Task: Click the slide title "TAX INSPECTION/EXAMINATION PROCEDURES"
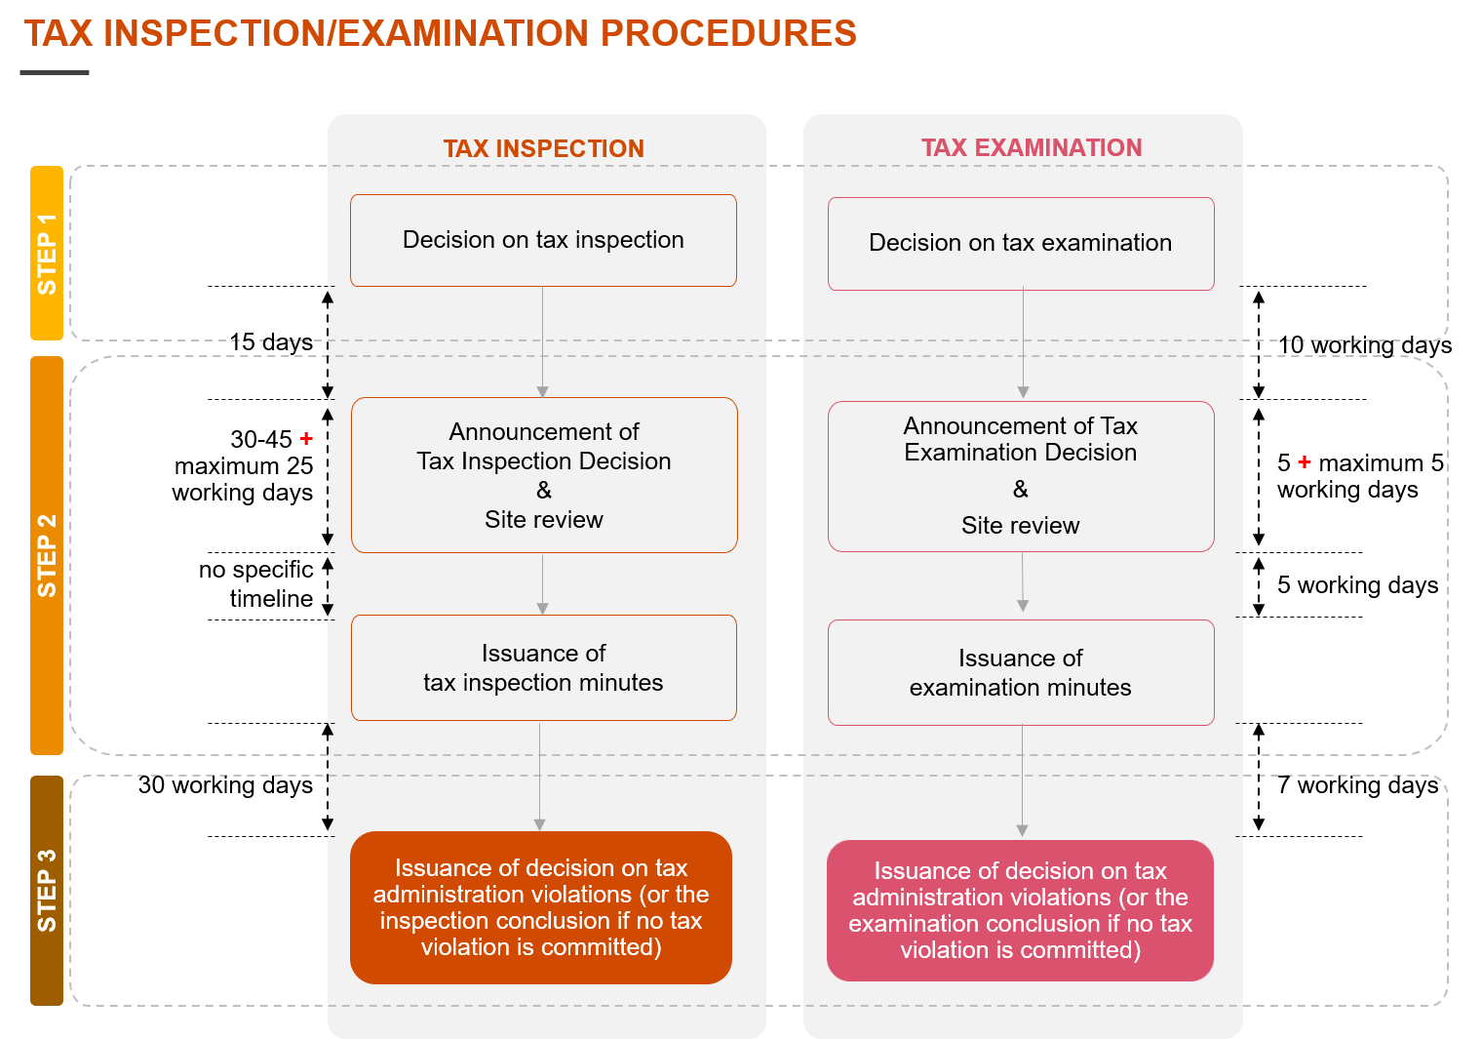click(440, 34)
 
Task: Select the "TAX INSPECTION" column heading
click(543, 148)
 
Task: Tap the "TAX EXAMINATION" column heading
click(1032, 147)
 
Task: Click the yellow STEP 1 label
click(47, 254)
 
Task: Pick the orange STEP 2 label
click(47, 555)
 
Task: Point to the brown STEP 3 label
click(47, 890)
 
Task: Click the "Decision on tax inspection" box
click(543, 240)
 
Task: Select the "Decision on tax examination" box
click(1021, 243)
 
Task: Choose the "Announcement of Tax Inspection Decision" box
click(544, 475)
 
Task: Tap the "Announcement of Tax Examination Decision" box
click(1021, 476)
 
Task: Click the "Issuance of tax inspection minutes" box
click(543, 668)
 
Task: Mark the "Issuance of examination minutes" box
click(1021, 673)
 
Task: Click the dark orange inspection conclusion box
click(541, 907)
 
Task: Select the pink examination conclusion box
click(1021, 910)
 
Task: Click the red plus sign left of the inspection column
click(306, 439)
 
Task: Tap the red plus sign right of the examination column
click(1305, 461)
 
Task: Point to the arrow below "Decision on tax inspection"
click(543, 341)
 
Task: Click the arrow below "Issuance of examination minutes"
click(1022, 780)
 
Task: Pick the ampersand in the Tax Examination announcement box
click(1021, 489)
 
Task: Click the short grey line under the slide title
click(55, 72)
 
